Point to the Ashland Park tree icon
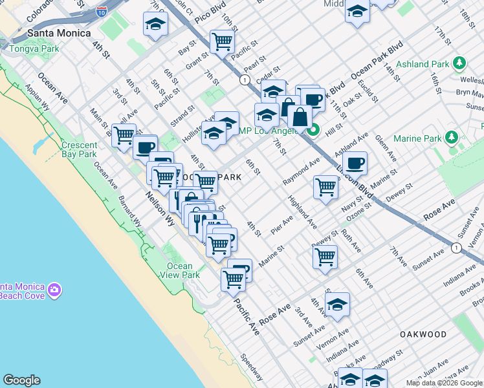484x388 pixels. click(459, 63)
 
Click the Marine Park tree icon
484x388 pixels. click(452, 138)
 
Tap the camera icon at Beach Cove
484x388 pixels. click(54, 289)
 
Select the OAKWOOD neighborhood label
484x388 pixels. click(423, 334)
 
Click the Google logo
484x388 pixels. click(21, 380)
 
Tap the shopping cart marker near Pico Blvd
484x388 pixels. click(222, 41)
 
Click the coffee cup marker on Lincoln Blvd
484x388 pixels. click(355, 163)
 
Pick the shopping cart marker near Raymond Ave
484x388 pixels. click(325, 187)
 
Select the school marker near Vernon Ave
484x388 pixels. click(337, 304)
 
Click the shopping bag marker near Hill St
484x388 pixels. click(300, 118)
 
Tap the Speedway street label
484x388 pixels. click(252, 366)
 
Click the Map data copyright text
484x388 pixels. click(444, 383)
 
